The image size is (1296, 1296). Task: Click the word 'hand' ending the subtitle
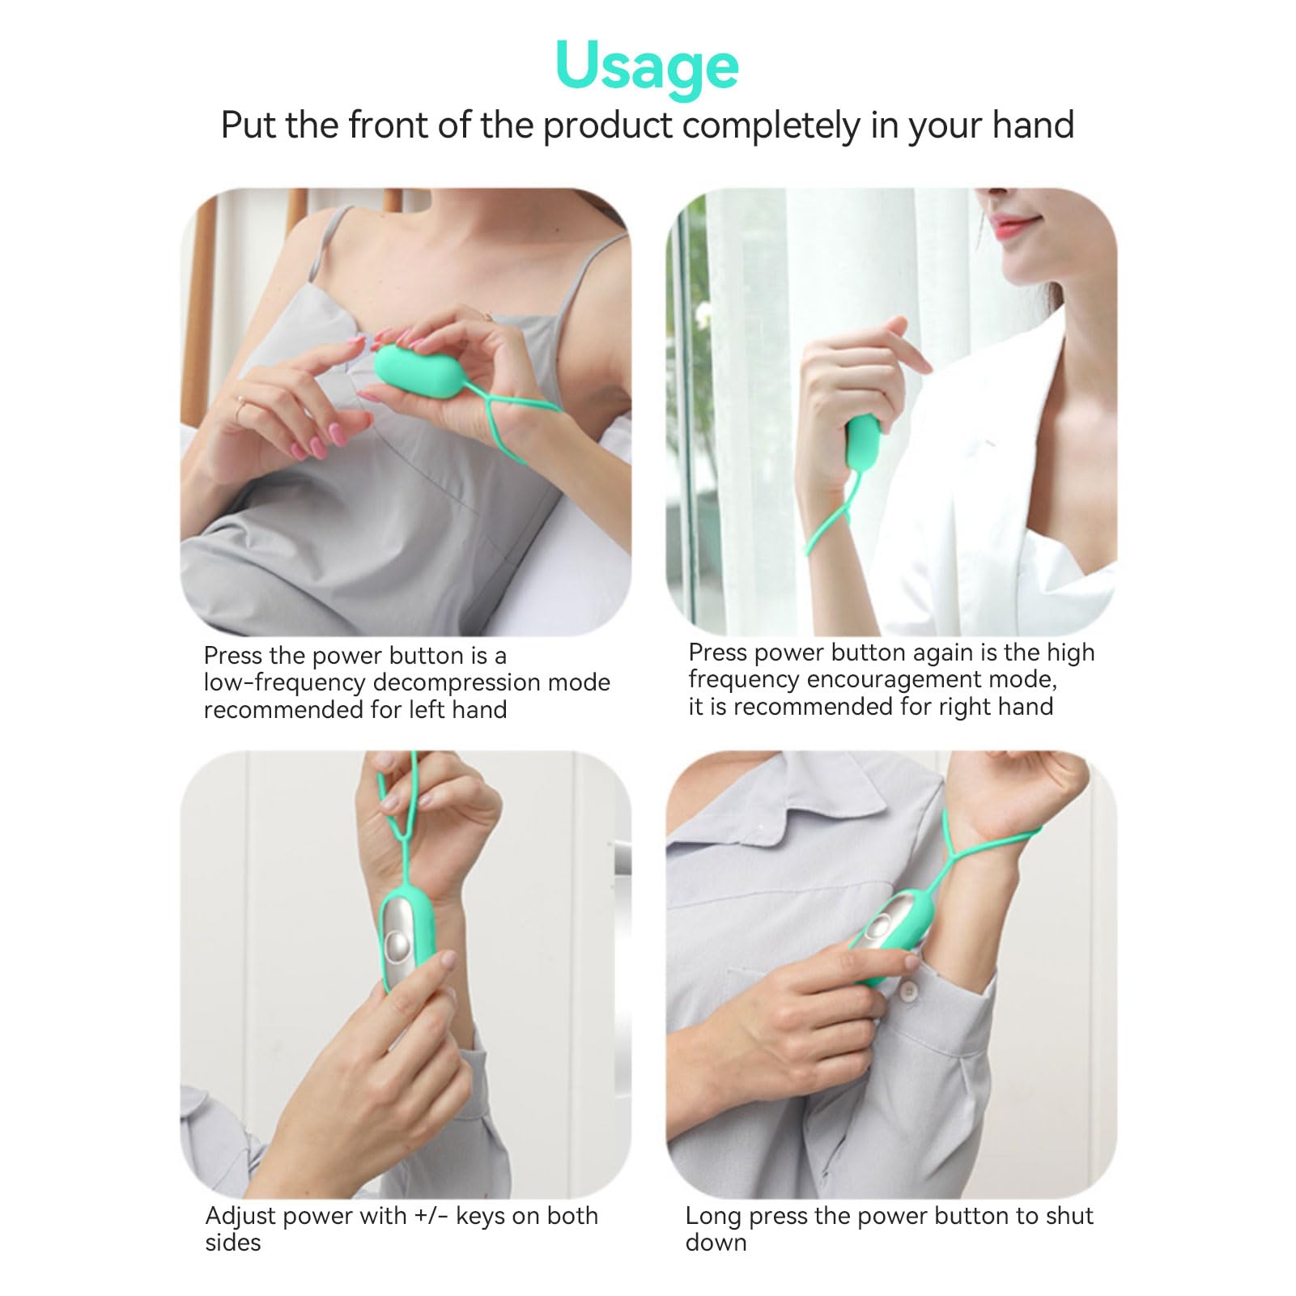(1032, 125)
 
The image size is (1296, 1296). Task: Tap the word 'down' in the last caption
(716, 1243)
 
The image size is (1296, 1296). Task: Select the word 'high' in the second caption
(1070, 653)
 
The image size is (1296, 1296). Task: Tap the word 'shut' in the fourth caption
(1067, 1216)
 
